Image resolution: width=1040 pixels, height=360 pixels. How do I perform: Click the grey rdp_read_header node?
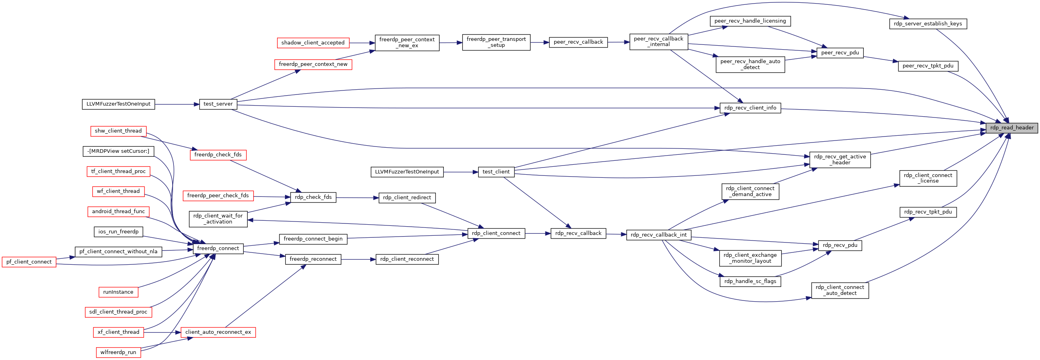[x=1012, y=128]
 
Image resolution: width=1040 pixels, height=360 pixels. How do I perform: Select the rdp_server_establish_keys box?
[x=928, y=24]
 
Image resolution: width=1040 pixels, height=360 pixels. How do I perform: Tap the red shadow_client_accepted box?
[x=313, y=43]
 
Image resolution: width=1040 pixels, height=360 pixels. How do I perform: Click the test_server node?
[x=218, y=104]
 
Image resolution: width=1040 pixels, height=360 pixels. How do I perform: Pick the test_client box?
[x=496, y=172]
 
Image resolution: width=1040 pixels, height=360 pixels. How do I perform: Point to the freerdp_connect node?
[x=218, y=248]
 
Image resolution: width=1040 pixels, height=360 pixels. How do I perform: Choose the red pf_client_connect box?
[x=29, y=262]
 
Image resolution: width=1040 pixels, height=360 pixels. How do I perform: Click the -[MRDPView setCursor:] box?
[x=118, y=151]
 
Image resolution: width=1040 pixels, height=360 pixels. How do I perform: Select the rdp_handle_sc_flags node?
[x=750, y=282]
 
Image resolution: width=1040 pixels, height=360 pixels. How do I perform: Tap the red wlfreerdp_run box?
[x=118, y=352]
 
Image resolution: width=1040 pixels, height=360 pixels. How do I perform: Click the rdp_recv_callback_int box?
[x=659, y=235]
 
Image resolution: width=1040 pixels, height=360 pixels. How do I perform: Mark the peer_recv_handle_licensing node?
[x=750, y=21]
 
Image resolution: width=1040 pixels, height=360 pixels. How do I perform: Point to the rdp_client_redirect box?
[x=407, y=198]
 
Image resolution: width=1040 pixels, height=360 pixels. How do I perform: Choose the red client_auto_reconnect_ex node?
[x=218, y=332]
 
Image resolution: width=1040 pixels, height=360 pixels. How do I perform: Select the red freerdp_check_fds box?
[x=218, y=154]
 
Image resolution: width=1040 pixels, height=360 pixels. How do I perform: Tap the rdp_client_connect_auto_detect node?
[x=840, y=291]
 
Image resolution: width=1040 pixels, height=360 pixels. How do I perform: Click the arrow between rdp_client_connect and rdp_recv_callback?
[x=538, y=233]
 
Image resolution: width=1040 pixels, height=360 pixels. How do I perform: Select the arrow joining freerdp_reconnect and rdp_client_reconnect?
[x=358, y=260]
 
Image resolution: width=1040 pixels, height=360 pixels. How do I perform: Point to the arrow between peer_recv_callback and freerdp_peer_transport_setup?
[x=540, y=42]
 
